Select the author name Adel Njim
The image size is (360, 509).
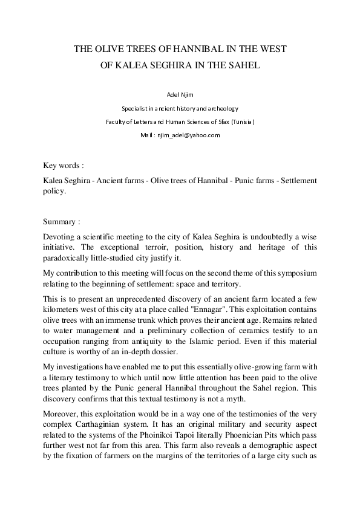[x=180, y=96]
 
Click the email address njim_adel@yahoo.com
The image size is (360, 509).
[x=189, y=135]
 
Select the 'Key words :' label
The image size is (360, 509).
[x=64, y=165]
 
